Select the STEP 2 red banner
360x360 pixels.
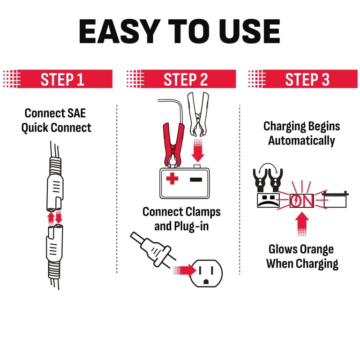185,79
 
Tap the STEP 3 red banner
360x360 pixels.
307,79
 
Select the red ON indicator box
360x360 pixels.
302,200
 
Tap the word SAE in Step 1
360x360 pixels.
77,113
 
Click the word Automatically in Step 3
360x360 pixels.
301,140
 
